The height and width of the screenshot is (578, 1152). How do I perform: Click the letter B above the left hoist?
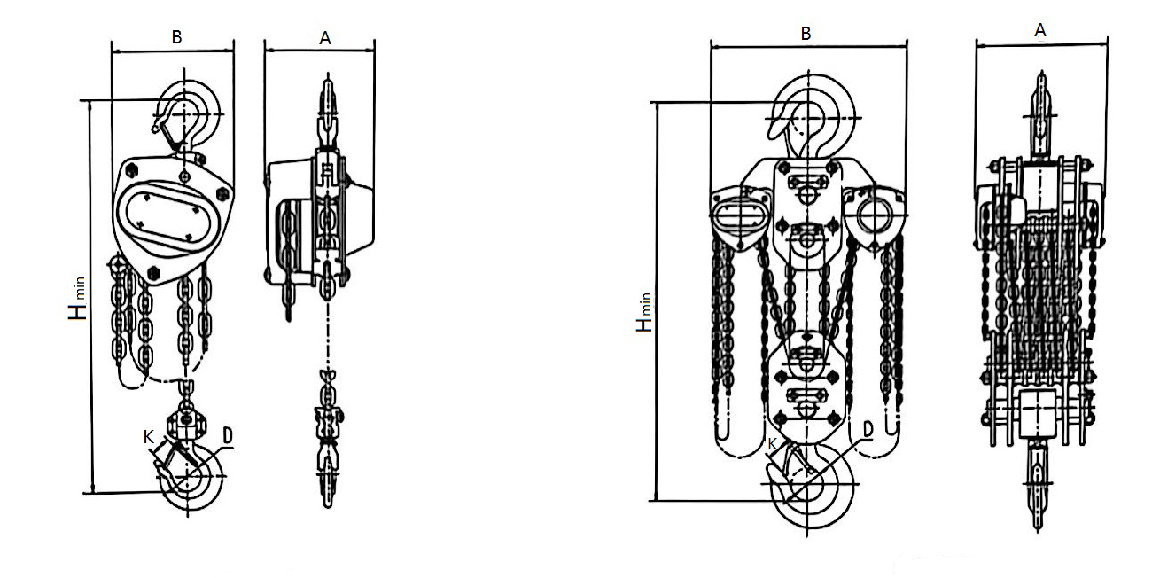point(176,37)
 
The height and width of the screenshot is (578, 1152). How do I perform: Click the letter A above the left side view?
point(325,38)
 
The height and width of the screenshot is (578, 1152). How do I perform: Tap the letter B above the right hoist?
point(806,34)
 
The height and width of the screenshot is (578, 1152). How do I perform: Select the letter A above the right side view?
point(1039,30)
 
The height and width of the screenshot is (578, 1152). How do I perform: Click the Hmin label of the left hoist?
point(77,299)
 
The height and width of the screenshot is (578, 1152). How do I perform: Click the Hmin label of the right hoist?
point(644,312)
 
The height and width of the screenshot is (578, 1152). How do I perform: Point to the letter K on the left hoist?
point(149,437)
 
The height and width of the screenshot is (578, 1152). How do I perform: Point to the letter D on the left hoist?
point(228,435)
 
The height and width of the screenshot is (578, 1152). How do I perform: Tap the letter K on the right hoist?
point(772,444)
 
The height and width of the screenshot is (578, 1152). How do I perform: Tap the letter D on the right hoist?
point(868,429)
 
